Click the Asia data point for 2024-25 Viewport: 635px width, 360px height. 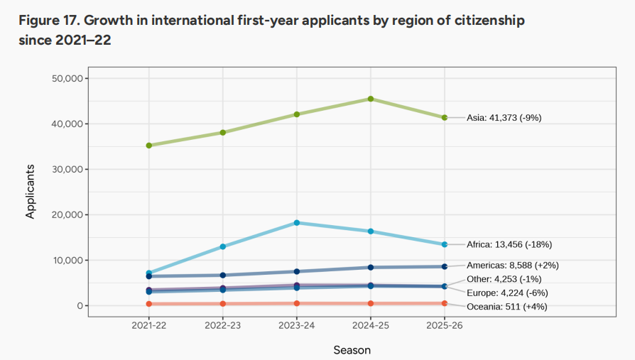[x=371, y=99]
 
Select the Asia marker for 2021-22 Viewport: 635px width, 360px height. [x=149, y=146]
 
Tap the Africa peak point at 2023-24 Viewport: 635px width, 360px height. [x=297, y=223]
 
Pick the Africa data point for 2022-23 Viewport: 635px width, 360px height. [x=223, y=246]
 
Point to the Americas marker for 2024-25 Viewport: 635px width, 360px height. [x=371, y=267]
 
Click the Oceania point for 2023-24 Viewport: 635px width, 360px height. [x=297, y=303]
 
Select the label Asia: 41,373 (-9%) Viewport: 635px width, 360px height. [x=504, y=118]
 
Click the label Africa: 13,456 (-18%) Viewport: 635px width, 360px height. [x=509, y=244]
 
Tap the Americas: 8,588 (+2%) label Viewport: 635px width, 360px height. [x=512, y=266]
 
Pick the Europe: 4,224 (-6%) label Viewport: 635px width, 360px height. [x=507, y=293]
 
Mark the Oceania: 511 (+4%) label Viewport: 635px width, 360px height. [x=506, y=307]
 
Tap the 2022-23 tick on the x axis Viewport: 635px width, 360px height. [x=223, y=325]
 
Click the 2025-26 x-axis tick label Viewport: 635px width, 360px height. [x=445, y=325]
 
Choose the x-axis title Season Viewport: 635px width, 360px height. [x=352, y=350]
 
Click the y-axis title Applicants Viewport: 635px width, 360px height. [x=31, y=192]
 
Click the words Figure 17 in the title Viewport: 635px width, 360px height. [x=47, y=21]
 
